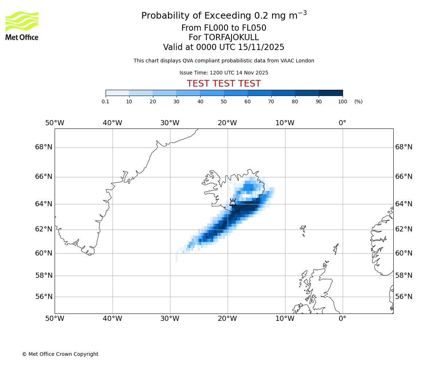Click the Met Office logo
22,26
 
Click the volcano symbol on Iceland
233,202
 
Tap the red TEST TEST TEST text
224,84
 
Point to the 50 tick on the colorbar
224,101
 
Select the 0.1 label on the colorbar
105,101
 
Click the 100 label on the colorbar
342,101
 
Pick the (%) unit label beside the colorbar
358,101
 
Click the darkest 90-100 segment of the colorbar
331,93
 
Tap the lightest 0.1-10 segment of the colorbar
117,93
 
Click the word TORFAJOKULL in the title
231,38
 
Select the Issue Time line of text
224,73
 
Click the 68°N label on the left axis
44,147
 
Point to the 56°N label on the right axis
404,296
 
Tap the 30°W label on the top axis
170,123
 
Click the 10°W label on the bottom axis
285,319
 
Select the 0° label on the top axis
342,123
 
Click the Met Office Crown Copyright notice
60,354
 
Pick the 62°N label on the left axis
44,229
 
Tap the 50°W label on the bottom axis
55,319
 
